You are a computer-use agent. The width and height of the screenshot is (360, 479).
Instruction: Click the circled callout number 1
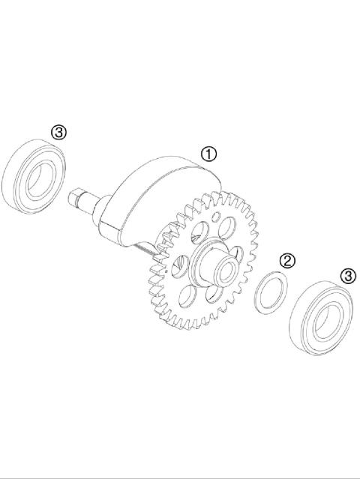tap(208, 154)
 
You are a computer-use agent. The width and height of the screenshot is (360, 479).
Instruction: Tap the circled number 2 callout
tap(286, 261)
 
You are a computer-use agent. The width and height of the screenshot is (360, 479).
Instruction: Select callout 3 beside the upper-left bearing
tap(59, 133)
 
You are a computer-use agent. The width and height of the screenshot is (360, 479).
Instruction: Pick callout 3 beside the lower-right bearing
tap(348, 276)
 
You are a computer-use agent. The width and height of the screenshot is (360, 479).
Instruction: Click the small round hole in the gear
tap(215, 218)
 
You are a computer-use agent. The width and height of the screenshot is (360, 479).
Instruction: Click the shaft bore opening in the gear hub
tap(224, 263)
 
